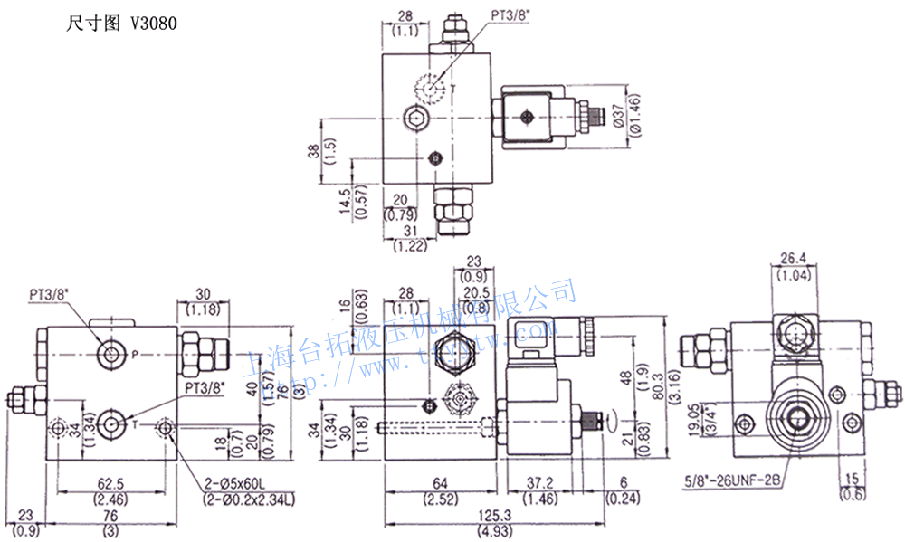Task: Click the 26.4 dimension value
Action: pos(792,258)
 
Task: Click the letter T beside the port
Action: pos(134,423)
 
